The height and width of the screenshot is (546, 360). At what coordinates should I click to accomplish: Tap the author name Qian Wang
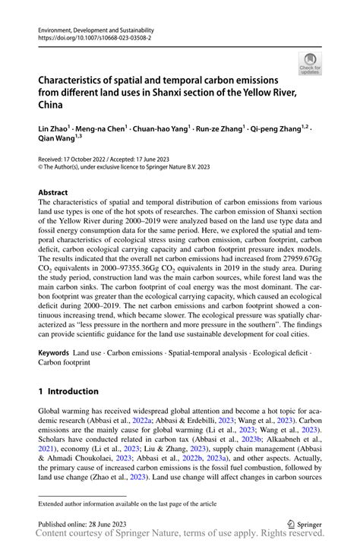[x=58, y=139]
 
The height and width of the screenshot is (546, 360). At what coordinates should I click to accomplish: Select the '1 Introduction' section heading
[x=68, y=392]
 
